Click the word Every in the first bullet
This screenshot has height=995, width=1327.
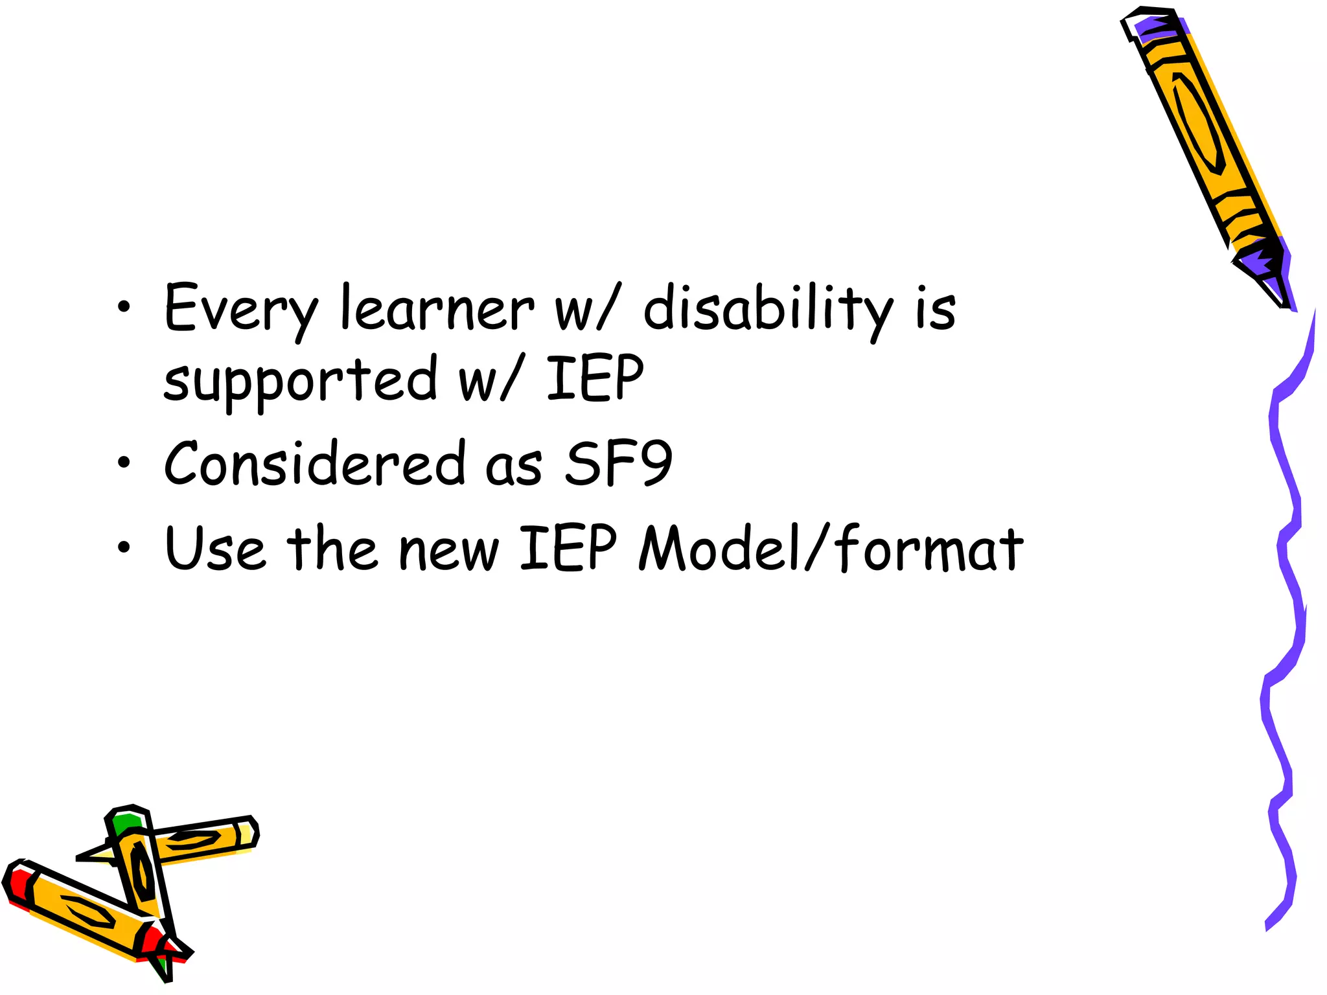click(x=240, y=309)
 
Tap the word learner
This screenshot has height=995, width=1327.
click(x=437, y=309)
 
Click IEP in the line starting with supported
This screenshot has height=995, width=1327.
click(x=595, y=378)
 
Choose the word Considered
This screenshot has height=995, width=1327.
click(x=315, y=463)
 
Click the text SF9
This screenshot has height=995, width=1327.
click(x=619, y=463)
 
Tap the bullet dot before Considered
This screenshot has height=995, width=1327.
click(x=124, y=463)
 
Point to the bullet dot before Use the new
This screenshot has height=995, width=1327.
click(x=124, y=548)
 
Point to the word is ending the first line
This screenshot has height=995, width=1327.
click(x=936, y=309)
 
